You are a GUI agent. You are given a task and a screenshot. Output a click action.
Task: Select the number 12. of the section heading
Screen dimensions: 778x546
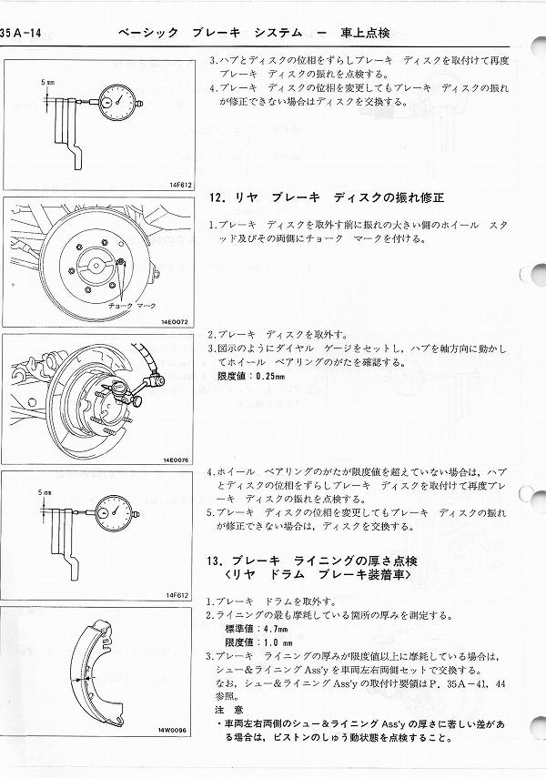(x=217, y=196)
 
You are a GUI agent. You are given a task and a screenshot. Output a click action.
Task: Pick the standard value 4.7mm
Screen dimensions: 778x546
(x=270, y=628)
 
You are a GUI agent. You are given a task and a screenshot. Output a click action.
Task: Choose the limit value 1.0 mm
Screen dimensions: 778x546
(x=271, y=641)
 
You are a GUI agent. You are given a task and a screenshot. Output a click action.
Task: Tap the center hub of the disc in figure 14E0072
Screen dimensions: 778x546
(x=93, y=267)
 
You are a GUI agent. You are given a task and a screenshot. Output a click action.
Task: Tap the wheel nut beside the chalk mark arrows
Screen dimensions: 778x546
(x=119, y=263)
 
